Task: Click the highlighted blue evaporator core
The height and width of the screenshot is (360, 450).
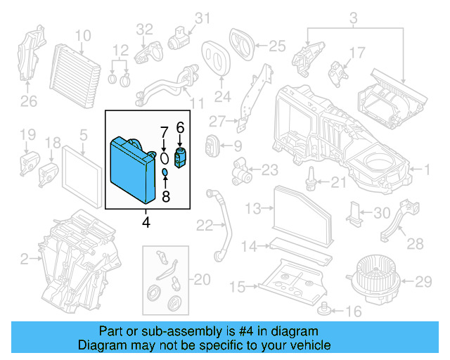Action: [131, 167]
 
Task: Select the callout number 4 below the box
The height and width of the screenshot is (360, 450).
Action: [146, 222]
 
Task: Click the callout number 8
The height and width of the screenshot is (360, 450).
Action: [166, 197]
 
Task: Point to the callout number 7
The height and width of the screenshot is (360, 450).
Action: [163, 132]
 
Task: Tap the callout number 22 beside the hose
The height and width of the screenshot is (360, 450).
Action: [205, 226]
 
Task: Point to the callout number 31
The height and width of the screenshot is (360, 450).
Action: [202, 18]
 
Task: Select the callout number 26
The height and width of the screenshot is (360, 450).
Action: [27, 101]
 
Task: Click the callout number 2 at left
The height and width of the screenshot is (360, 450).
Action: [24, 260]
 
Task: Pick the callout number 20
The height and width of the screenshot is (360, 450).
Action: [202, 280]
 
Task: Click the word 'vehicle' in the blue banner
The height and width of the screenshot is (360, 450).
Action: [309, 345]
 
